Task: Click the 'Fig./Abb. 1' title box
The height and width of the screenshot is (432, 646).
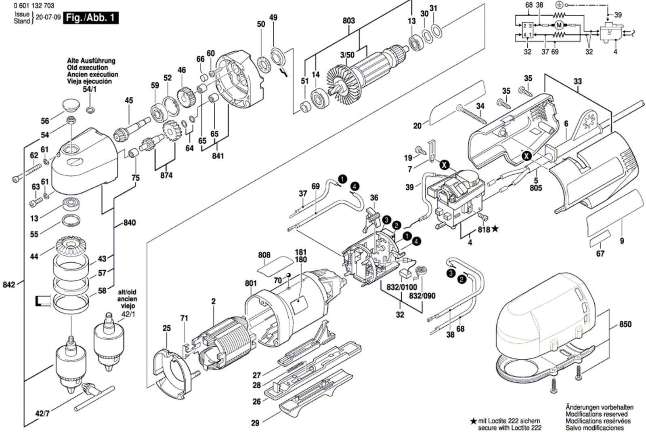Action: (x=91, y=18)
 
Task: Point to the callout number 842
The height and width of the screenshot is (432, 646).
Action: (x=8, y=284)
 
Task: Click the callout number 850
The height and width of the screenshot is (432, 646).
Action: (x=625, y=325)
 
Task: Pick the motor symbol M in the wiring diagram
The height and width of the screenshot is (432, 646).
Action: (x=559, y=25)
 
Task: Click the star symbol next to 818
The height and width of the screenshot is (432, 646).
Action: (x=495, y=229)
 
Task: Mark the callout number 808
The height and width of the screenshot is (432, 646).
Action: (x=264, y=255)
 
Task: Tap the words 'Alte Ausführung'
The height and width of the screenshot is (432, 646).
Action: (x=91, y=61)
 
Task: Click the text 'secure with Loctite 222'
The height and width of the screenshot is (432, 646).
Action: (x=510, y=428)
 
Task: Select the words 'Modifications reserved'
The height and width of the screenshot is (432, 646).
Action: (x=596, y=414)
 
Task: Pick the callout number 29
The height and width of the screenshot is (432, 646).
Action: (x=255, y=424)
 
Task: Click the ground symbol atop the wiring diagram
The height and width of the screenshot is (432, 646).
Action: (x=559, y=5)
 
